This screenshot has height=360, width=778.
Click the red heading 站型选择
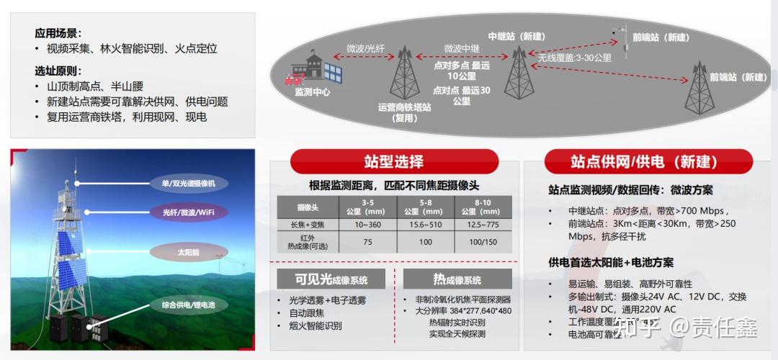(393, 161)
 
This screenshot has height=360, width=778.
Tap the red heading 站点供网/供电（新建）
(648, 161)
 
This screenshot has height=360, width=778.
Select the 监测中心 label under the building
(312, 92)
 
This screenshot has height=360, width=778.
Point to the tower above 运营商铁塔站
(405, 74)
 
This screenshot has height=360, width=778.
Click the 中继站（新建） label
(516, 37)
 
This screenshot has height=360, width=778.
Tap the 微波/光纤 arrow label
(366, 49)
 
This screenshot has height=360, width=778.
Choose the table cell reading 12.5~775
(481, 225)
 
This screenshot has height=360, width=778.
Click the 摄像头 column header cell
(308, 207)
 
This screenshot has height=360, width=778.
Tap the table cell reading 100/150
(481, 242)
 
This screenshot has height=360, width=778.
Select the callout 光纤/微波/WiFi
(189, 212)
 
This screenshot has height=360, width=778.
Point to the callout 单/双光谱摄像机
(188, 184)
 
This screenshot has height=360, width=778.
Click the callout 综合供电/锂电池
(189, 305)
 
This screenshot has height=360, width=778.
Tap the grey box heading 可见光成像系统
(331, 279)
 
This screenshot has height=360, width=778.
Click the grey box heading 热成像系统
(457, 279)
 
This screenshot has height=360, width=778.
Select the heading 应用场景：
(58, 33)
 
